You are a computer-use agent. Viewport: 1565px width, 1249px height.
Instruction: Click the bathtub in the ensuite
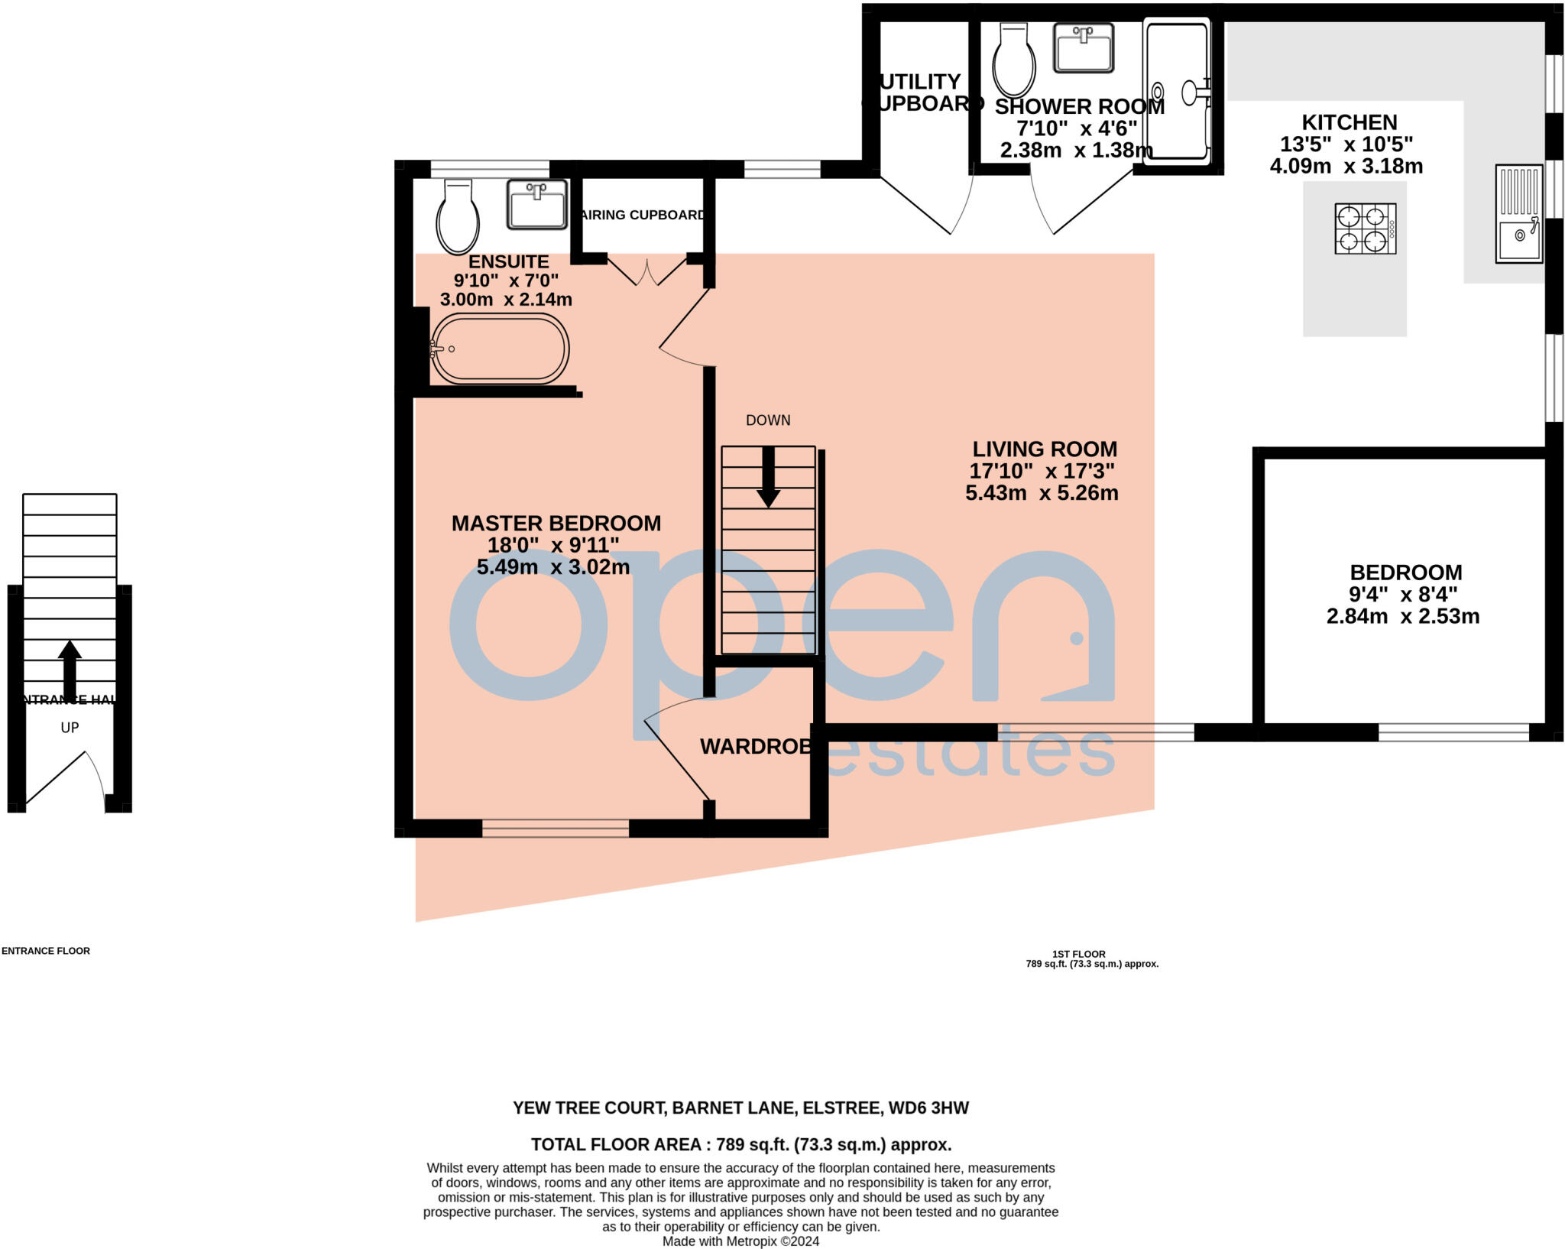501,349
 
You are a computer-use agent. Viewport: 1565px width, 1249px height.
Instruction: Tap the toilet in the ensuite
458,218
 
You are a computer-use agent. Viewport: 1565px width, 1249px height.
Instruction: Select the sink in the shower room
1083,47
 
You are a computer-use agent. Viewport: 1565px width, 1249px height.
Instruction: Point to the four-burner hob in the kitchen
1365,228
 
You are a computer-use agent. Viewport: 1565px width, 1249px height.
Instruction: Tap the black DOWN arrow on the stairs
768,478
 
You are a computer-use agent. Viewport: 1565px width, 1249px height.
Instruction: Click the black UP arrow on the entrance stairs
70,665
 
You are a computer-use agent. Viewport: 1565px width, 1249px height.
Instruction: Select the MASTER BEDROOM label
556,524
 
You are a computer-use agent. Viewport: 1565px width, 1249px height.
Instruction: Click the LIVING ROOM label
1045,449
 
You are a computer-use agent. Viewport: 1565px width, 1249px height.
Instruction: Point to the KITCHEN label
1349,122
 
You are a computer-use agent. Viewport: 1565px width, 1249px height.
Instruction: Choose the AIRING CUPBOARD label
642,215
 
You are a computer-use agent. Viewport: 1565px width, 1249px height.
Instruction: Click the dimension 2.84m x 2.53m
1403,616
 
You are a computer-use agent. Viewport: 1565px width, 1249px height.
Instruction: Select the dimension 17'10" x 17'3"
1042,471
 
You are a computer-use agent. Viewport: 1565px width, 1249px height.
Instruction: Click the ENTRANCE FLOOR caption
46,951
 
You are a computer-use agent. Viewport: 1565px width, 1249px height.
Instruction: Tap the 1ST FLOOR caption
1078,954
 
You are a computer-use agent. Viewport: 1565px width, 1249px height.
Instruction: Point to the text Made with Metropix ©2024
740,1241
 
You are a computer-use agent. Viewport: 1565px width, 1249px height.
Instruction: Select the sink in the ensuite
537,204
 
